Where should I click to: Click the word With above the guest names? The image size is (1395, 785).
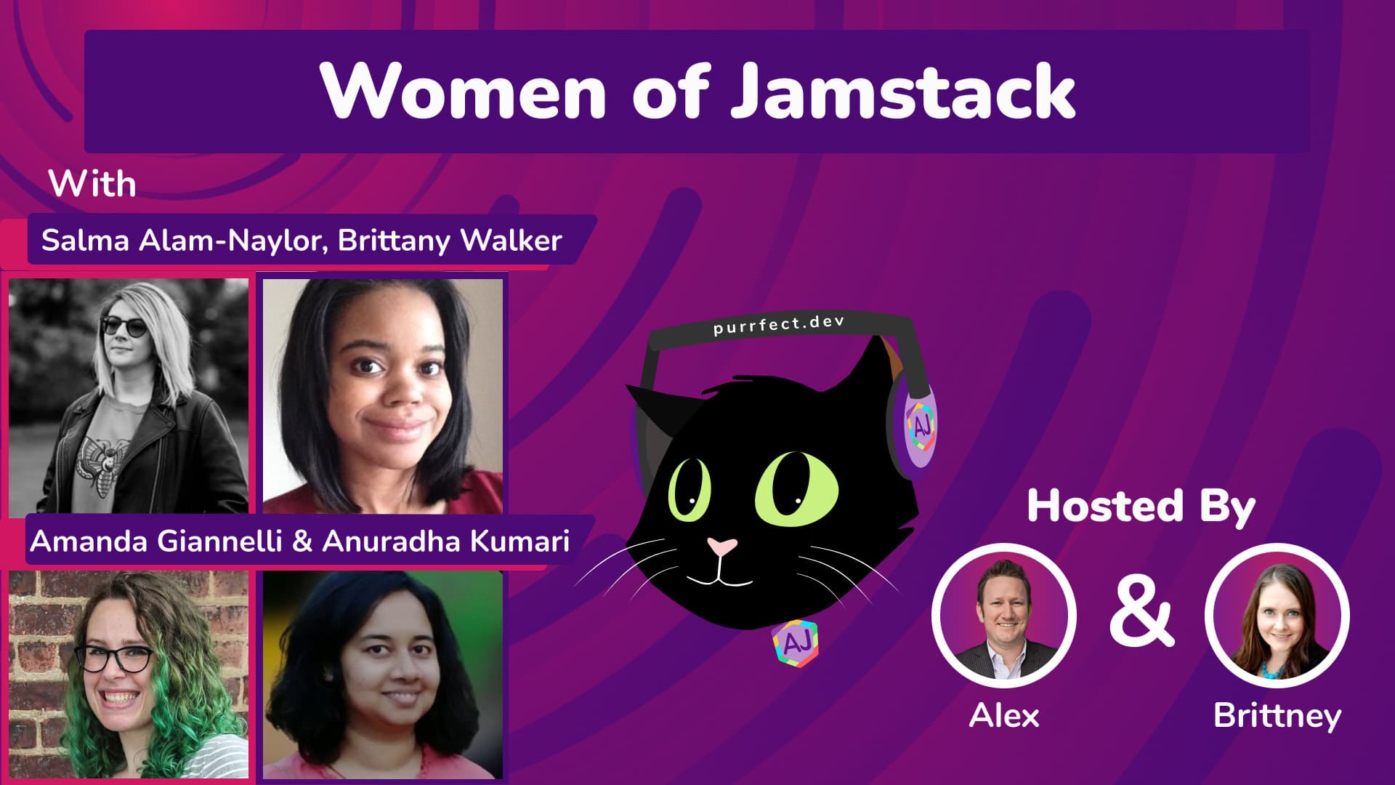point(92,184)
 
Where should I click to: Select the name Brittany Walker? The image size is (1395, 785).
point(450,241)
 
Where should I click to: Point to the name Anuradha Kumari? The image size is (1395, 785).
point(445,542)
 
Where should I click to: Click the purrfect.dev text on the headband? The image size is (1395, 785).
point(778,325)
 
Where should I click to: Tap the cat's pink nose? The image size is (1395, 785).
point(721,546)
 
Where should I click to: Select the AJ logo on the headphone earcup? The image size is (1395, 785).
point(920,424)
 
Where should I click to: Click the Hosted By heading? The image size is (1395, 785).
point(1141,506)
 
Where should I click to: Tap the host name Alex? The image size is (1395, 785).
point(1004,716)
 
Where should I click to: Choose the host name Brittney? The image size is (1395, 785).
point(1277,716)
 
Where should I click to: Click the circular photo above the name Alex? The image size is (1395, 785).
point(1003,615)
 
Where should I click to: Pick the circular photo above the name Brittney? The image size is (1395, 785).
point(1277,615)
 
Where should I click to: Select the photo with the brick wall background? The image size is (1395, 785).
point(129,674)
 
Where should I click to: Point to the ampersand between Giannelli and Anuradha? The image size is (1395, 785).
point(302,542)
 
